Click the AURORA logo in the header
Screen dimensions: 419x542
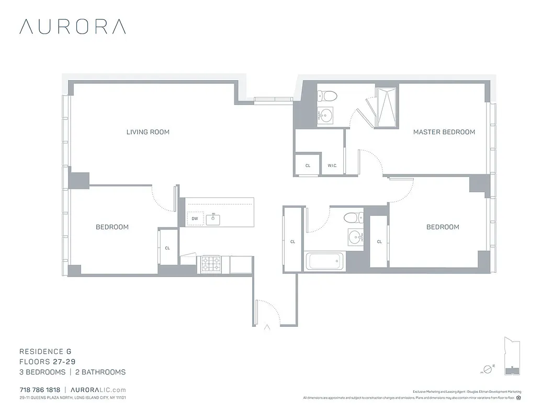[x=72, y=27]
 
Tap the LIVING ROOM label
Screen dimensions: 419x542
[x=148, y=132]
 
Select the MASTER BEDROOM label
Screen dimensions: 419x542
[x=444, y=132]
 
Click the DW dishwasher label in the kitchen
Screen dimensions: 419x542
[x=195, y=219]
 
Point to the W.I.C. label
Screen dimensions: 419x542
[x=332, y=166]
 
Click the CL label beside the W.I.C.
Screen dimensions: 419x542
[x=308, y=166]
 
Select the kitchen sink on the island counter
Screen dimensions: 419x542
[x=213, y=219]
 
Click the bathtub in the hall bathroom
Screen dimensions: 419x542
[x=324, y=261]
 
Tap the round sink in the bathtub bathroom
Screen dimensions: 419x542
[x=356, y=236]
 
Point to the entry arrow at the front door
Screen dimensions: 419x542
[x=267, y=328]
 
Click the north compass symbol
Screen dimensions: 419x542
[x=487, y=369]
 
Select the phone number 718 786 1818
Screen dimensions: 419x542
[x=40, y=390]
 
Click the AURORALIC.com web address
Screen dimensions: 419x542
[x=98, y=390]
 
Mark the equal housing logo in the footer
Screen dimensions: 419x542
[x=518, y=398]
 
